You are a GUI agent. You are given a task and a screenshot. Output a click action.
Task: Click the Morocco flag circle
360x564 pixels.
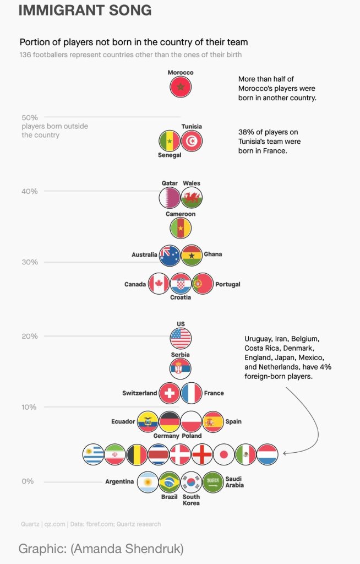pyautogui.click(x=181, y=87)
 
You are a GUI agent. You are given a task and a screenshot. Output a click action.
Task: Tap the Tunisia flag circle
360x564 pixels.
pyautogui.click(x=192, y=141)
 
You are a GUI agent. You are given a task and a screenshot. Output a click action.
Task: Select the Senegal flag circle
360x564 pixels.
pyautogui.click(x=170, y=141)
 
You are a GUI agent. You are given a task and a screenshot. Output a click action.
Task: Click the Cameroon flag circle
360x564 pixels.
pyautogui.click(x=181, y=227)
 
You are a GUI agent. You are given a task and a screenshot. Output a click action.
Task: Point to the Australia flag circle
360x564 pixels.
pyautogui.click(x=170, y=256)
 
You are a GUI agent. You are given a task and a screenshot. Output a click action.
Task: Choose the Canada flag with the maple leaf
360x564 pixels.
pyautogui.click(x=159, y=284)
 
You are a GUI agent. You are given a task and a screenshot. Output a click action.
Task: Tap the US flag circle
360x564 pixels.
pyautogui.click(x=181, y=338)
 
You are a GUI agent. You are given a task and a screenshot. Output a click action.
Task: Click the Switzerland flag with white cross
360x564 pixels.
pyautogui.click(x=170, y=393)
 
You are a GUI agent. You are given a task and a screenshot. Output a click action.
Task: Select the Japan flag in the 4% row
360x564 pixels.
pyautogui.click(x=224, y=454)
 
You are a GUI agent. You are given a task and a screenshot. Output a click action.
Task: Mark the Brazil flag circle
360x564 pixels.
pyautogui.click(x=170, y=482)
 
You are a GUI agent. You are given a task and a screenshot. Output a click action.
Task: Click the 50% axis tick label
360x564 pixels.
pyautogui.click(x=29, y=117)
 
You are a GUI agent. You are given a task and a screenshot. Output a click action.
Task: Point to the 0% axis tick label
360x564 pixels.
pyautogui.click(x=28, y=481)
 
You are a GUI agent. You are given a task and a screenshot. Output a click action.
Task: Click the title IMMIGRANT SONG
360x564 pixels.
pyautogui.click(x=85, y=10)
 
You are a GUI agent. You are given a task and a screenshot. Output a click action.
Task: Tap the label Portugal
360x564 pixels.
pyautogui.click(x=227, y=284)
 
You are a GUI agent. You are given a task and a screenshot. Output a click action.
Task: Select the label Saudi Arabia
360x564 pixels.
pyautogui.click(x=234, y=482)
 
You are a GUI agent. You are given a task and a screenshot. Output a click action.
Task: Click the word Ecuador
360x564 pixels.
pyautogui.click(x=123, y=421)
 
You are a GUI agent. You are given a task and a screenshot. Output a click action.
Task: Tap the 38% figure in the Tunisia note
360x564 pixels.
pyautogui.click(x=245, y=132)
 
